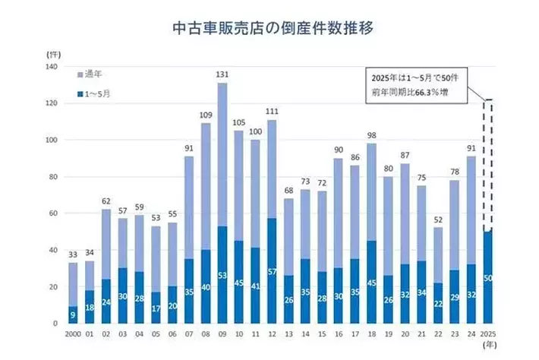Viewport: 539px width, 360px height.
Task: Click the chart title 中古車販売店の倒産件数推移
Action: click(x=270, y=29)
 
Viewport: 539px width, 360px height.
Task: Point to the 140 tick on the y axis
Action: click(x=52, y=67)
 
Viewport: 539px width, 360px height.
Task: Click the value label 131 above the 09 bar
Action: click(x=222, y=75)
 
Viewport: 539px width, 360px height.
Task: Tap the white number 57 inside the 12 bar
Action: click(x=272, y=271)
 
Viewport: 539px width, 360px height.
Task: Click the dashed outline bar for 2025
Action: click(x=488, y=163)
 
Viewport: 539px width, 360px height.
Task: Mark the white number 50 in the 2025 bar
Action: click(x=488, y=278)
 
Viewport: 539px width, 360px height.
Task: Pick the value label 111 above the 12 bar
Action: click(x=272, y=112)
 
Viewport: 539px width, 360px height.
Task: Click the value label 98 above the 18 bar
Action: click(x=372, y=136)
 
